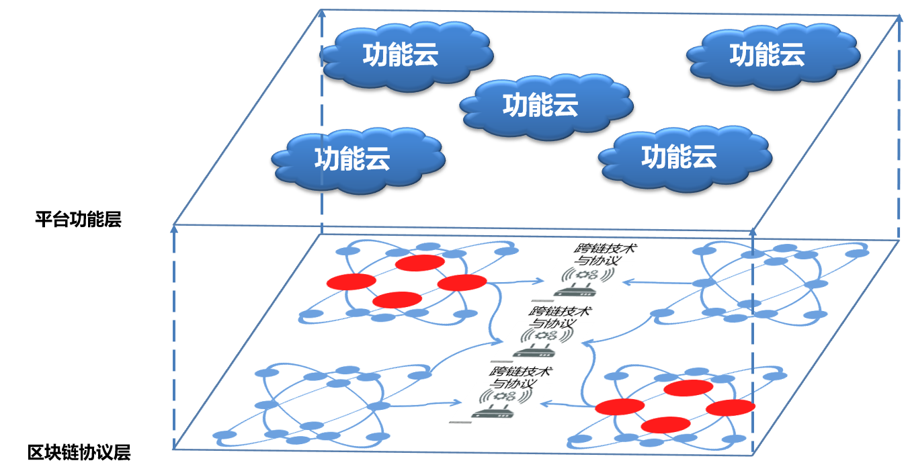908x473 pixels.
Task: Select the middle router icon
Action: (543, 342)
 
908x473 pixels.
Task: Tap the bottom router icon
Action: (501, 402)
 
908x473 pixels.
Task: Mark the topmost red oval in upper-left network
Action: (419, 263)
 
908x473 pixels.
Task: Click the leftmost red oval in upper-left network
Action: (351, 282)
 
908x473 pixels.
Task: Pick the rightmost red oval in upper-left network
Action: (462, 282)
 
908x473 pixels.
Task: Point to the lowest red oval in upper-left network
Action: (397, 300)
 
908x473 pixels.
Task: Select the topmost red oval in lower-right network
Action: (688, 388)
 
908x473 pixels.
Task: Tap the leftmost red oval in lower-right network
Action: (619, 406)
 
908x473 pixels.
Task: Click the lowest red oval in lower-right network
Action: (665, 425)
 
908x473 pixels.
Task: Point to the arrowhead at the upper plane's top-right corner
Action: (899, 18)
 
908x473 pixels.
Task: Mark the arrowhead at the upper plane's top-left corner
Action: (321, 13)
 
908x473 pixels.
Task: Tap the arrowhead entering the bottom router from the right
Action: (546, 404)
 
